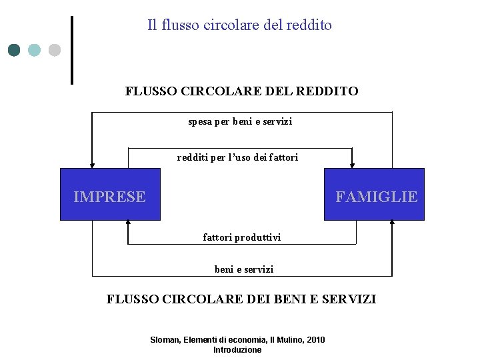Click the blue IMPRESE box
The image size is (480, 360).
pyautogui.click(x=110, y=194)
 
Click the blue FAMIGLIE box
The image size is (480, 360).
pyautogui.click(x=374, y=194)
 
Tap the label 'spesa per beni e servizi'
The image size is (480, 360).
pyautogui.click(x=240, y=122)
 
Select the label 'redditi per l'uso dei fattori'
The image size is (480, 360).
pyautogui.click(x=237, y=158)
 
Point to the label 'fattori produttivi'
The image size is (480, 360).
pyautogui.click(x=241, y=237)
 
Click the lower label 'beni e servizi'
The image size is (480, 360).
pyautogui.click(x=243, y=269)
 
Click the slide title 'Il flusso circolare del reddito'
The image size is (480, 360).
pyautogui.click(x=239, y=25)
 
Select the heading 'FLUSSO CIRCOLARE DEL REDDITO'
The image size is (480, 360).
pyautogui.click(x=241, y=91)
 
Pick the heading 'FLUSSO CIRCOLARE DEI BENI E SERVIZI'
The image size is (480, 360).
pyautogui.click(x=241, y=299)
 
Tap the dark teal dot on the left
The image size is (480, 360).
pyautogui.click(x=14, y=50)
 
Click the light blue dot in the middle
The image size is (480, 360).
pyautogui.click(x=34, y=50)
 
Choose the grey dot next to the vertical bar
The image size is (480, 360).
pyautogui.click(x=54, y=50)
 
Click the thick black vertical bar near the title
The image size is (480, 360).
pyautogui.click(x=71, y=50)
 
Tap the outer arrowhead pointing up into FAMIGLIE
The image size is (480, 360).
pyautogui.click(x=392, y=224)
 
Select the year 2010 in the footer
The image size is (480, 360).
pyautogui.click(x=315, y=340)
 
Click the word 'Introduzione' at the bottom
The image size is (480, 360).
pyautogui.click(x=237, y=350)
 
